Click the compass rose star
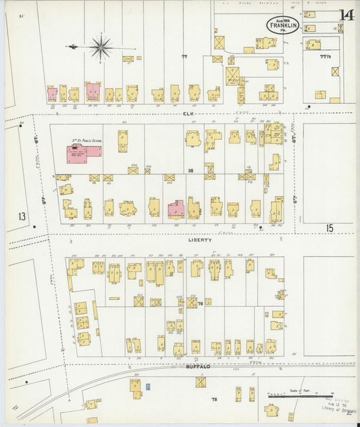tap(100, 47)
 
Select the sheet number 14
tap(346, 14)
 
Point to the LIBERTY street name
tap(200, 239)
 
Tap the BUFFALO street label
tap(199, 366)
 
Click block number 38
tap(190, 170)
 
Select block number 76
tap(201, 305)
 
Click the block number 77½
tap(327, 57)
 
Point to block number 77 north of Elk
tap(184, 57)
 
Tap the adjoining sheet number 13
tap(22, 217)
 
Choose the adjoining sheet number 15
tap(329, 228)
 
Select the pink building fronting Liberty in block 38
tap(176, 209)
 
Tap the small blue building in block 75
tap(147, 386)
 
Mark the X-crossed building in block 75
tap(201, 382)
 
